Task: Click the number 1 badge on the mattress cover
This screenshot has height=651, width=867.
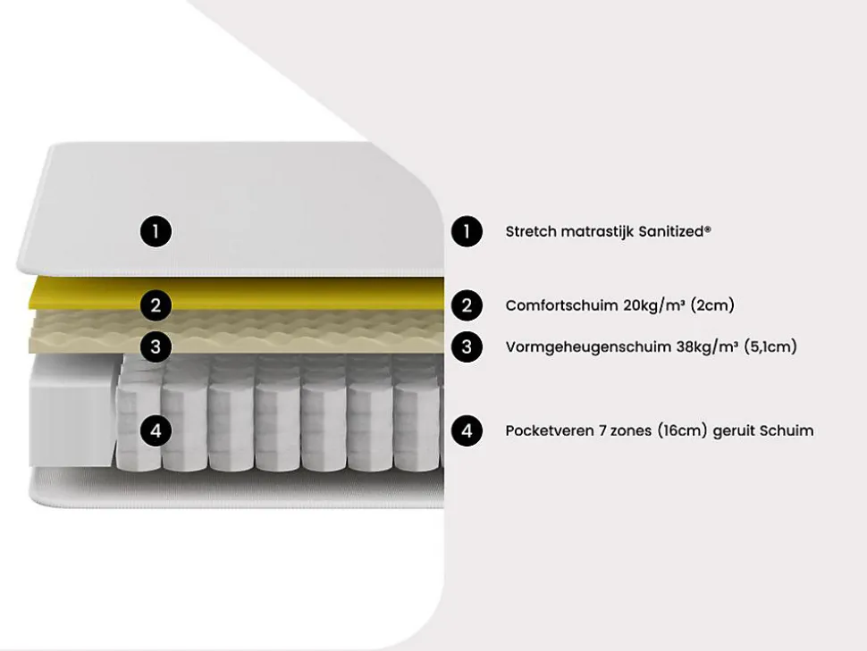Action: coord(156,232)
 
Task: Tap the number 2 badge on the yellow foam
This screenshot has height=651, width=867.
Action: coord(156,305)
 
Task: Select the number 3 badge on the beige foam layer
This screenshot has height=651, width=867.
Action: coord(156,346)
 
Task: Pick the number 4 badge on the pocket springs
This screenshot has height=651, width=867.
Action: coord(156,431)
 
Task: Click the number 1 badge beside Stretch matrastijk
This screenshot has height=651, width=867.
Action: coord(466,232)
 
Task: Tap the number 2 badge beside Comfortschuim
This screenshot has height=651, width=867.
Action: coord(466,305)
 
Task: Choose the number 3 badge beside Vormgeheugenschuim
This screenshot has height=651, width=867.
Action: coord(466,346)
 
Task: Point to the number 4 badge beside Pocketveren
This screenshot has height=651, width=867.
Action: coord(466,431)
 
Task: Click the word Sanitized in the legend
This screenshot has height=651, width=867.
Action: coord(676,232)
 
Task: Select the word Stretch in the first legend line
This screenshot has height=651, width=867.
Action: coord(531,232)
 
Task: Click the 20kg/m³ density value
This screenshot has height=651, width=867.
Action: coord(653,305)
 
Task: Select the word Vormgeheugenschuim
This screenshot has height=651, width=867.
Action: coord(588,346)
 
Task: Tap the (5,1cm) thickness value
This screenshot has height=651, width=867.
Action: coord(770,346)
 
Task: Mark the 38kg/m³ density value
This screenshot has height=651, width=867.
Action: coord(707,346)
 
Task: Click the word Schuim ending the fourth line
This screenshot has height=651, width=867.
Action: coord(787,431)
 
